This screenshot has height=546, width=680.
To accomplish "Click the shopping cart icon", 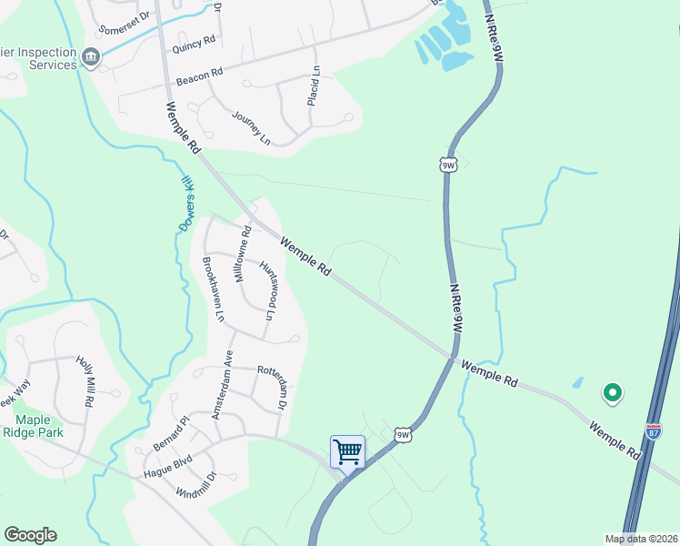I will pyautogui.click(x=347, y=451).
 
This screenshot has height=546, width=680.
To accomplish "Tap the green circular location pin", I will pyautogui.click(x=613, y=393).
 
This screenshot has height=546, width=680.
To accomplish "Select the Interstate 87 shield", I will pyautogui.click(x=654, y=430).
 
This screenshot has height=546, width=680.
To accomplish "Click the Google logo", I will pyautogui.click(x=30, y=535).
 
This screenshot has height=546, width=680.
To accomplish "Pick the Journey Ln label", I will pyautogui.click(x=251, y=128).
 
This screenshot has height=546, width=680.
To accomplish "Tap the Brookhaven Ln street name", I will pyautogui.click(x=215, y=289).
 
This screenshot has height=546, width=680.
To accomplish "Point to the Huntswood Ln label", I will pyautogui.click(x=267, y=290).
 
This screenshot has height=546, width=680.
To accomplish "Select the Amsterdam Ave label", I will pyautogui.click(x=223, y=385).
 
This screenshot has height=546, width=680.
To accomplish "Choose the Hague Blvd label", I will pyautogui.click(x=168, y=466).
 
